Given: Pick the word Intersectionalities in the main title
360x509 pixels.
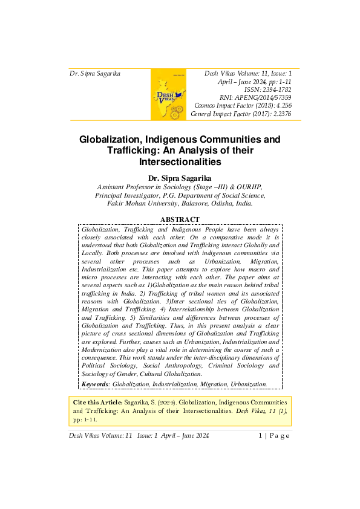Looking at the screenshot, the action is click(180, 162).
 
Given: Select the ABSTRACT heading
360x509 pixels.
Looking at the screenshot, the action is click(180, 219).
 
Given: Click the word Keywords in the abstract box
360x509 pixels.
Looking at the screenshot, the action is click(95, 384).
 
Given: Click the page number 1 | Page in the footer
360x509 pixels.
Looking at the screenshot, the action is click(274, 435).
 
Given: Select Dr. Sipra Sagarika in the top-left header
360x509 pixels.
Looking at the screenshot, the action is click(95, 74).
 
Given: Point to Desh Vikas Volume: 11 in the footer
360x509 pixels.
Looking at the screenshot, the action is click(101, 435).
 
